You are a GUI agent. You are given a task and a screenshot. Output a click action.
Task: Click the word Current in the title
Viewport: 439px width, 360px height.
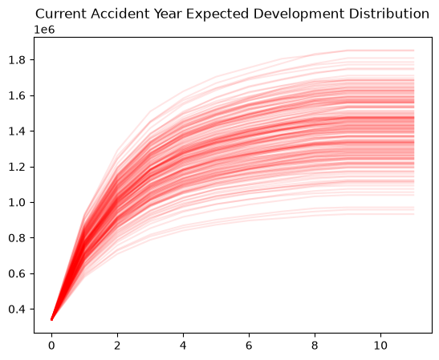coord(60,14)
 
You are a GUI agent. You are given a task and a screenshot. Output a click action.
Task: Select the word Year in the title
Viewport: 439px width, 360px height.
coord(168,14)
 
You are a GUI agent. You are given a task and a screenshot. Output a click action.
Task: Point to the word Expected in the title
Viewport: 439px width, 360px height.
coord(217,14)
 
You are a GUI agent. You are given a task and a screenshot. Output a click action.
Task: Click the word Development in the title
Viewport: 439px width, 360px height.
coord(299,14)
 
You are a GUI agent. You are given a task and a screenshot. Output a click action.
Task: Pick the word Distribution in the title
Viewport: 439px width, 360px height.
coord(389,14)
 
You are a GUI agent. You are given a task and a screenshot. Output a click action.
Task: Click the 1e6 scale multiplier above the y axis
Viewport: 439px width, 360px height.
coord(44,30)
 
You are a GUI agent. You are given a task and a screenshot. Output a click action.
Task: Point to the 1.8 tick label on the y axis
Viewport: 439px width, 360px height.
coord(18,60)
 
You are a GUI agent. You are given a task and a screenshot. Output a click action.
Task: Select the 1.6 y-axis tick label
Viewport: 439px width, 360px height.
coord(18,95)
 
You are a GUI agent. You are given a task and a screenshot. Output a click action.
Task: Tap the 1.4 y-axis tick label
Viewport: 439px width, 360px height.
coord(18,131)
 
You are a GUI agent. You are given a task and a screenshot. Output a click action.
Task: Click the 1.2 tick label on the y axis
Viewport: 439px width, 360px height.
coord(18,167)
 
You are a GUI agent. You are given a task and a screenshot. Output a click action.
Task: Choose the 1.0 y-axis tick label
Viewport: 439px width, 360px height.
coord(18,203)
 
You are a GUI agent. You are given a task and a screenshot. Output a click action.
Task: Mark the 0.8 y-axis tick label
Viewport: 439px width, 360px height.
coord(18,238)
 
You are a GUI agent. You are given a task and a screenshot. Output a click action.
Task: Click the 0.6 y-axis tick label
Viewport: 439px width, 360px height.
coord(18,273)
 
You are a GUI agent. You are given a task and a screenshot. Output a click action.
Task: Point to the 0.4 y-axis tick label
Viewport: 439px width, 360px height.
coord(18,309)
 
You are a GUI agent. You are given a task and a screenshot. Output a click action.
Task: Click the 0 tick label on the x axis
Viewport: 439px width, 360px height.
coord(51,346)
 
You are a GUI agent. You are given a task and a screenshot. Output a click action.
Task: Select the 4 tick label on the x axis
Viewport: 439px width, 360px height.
coord(183,346)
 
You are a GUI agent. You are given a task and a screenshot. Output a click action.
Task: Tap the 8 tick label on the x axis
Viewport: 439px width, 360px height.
coord(315,346)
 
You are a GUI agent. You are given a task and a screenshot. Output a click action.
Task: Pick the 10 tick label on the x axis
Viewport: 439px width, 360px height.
coord(380,346)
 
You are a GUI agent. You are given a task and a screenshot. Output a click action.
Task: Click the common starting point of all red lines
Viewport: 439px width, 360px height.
coord(52,319)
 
